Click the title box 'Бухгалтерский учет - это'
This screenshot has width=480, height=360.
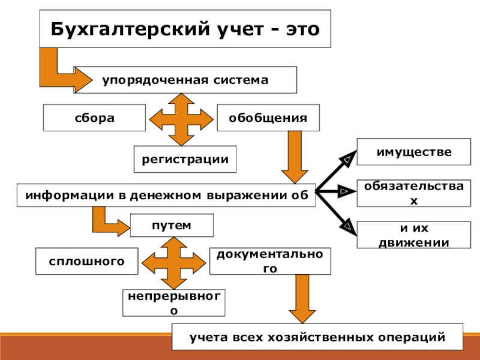(x=185, y=29)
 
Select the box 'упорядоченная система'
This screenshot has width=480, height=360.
(x=185, y=80)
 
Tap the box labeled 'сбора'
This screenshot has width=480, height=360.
(x=94, y=118)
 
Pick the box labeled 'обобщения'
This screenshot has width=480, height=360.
(x=268, y=118)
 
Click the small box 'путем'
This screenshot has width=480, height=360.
(x=172, y=225)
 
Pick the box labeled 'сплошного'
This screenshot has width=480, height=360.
(x=87, y=260)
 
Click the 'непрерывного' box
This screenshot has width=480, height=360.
(x=173, y=302)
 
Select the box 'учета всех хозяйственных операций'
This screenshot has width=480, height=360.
(x=317, y=337)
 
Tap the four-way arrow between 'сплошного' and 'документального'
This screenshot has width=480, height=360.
(x=173, y=262)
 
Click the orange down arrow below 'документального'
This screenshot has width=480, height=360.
(x=302, y=299)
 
